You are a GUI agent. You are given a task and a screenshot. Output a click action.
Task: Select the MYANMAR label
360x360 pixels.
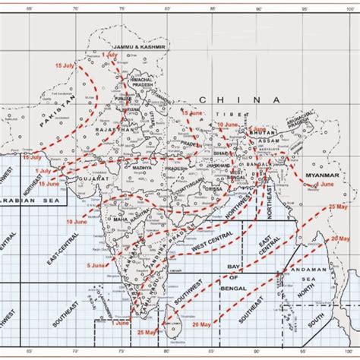tap(317, 175)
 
